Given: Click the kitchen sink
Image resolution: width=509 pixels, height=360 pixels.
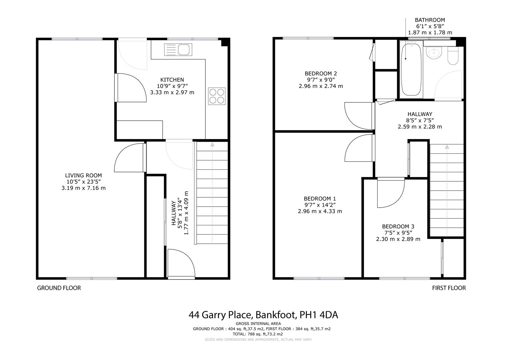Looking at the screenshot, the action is click(x=178, y=50).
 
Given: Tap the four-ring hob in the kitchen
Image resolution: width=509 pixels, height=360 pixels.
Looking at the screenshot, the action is click(x=217, y=96).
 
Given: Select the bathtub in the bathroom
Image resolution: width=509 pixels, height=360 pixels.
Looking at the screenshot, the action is click(x=411, y=70).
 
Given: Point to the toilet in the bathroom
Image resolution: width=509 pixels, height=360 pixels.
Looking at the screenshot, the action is click(x=453, y=56).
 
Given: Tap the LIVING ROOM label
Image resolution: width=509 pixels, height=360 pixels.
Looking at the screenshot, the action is click(x=83, y=175).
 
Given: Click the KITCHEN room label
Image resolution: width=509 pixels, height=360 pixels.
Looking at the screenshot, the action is click(x=172, y=80).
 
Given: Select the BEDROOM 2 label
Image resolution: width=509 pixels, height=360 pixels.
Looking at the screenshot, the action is click(x=321, y=73).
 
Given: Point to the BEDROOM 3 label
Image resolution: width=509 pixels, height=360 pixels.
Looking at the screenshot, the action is click(x=398, y=226).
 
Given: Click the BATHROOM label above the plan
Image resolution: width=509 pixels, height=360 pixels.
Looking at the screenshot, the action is click(x=430, y=20).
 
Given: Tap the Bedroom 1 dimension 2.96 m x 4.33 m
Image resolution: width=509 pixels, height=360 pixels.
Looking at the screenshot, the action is click(x=320, y=211).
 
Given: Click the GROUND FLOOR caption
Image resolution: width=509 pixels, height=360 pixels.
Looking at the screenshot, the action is click(x=59, y=288).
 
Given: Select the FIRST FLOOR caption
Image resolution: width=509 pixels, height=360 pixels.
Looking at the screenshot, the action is click(x=449, y=288).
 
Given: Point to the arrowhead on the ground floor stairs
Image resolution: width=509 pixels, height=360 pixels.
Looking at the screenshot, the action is click(x=212, y=144).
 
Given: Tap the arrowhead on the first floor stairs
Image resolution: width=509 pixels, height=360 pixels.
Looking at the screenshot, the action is click(x=447, y=147).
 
